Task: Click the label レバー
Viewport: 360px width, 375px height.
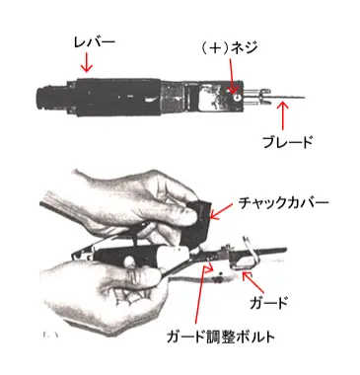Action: click(x=94, y=43)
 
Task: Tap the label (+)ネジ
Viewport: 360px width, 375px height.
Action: click(x=228, y=47)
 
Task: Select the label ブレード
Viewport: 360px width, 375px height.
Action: click(x=288, y=142)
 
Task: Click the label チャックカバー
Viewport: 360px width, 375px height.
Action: click(x=283, y=202)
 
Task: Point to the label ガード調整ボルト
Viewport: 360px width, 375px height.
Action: click(x=220, y=337)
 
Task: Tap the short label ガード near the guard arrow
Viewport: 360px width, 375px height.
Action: click(x=268, y=303)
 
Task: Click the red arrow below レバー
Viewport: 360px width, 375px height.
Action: click(x=87, y=62)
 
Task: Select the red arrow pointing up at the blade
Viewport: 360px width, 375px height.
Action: click(x=283, y=116)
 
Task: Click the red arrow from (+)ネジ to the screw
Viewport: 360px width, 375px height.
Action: click(x=232, y=76)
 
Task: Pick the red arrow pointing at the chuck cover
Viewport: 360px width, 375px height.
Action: click(x=221, y=211)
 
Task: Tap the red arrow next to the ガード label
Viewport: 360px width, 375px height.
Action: click(x=253, y=282)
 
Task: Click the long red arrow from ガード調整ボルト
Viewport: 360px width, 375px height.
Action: click(x=201, y=296)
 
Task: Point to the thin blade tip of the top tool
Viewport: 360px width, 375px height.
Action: click(x=304, y=98)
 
